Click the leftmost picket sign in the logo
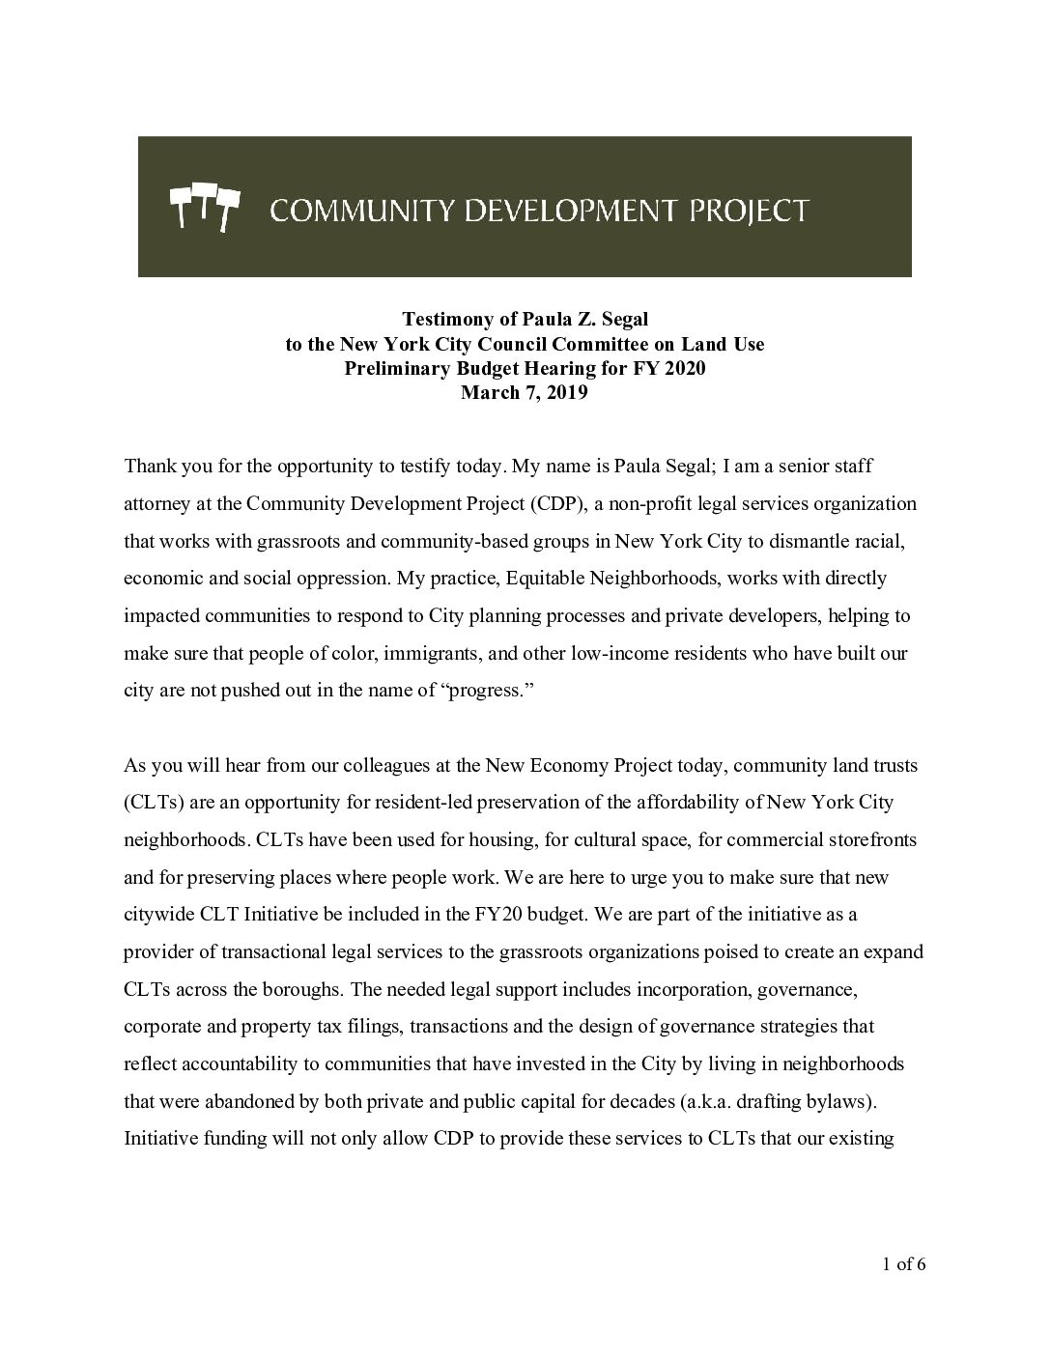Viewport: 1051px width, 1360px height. point(180,204)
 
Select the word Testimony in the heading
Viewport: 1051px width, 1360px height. point(440,319)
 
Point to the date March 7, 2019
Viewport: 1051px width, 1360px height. point(525,393)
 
